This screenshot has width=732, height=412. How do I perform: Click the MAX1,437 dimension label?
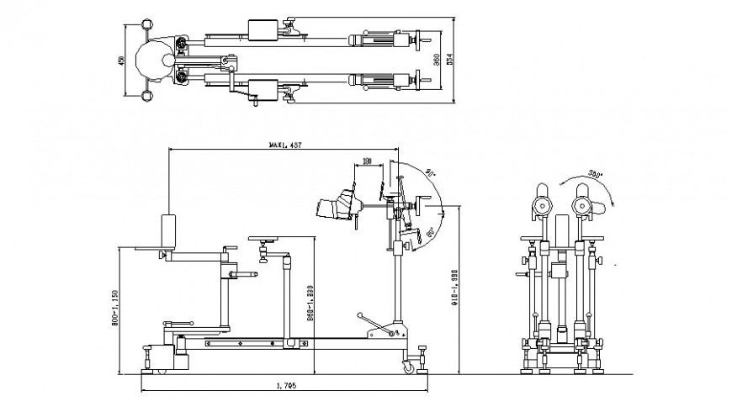click(x=284, y=145)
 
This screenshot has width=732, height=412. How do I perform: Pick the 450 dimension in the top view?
click(x=121, y=61)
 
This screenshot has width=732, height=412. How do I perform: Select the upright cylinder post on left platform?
click(x=168, y=231)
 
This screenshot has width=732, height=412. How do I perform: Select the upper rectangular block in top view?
click(x=263, y=31)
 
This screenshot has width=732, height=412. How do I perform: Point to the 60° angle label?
click(x=429, y=231)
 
